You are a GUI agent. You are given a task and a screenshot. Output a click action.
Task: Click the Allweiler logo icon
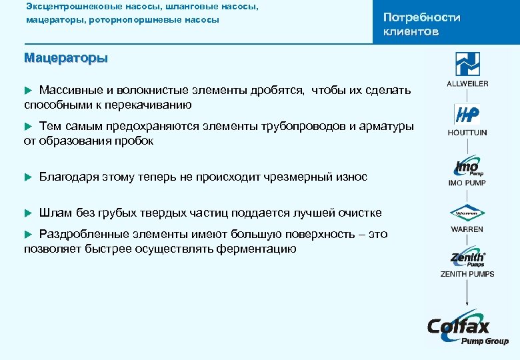pyautogui.click(x=467, y=65)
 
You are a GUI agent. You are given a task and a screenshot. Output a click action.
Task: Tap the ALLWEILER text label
pyautogui.click(x=467, y=84)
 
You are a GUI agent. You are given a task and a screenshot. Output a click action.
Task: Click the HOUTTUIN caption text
pyautogui.click(x=467, y=133)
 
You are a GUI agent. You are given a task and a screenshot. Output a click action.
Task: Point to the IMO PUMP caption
pyautogui.click(x=467, y=183)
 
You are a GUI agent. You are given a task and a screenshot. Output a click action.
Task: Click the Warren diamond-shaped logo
pyautogui.click(x=467, y=213)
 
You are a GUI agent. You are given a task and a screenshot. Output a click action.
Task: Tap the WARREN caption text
pyautogui.click(x=467, y=229)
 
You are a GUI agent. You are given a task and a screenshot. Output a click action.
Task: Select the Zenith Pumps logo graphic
pyautogui.click(x=467, y=259)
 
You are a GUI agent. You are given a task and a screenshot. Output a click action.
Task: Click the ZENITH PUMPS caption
pyautogui.click(x=467, y=274)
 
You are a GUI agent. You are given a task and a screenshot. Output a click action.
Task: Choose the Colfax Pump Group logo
pyautogui.click(x=467, y=330)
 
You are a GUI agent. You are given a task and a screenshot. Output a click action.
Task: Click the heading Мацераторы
pyautogui.click(x=65, y=58)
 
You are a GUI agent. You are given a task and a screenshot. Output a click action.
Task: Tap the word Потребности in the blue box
pyautogui.click(x=421, y=18)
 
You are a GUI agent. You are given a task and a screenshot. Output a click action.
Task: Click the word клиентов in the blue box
pyautogui.click(x=411, y=32)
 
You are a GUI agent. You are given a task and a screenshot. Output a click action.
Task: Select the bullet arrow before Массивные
pyautogui.click(x=28, y=89)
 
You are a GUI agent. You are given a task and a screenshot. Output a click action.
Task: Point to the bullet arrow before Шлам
pyautogui.click(x=28, y=213)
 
